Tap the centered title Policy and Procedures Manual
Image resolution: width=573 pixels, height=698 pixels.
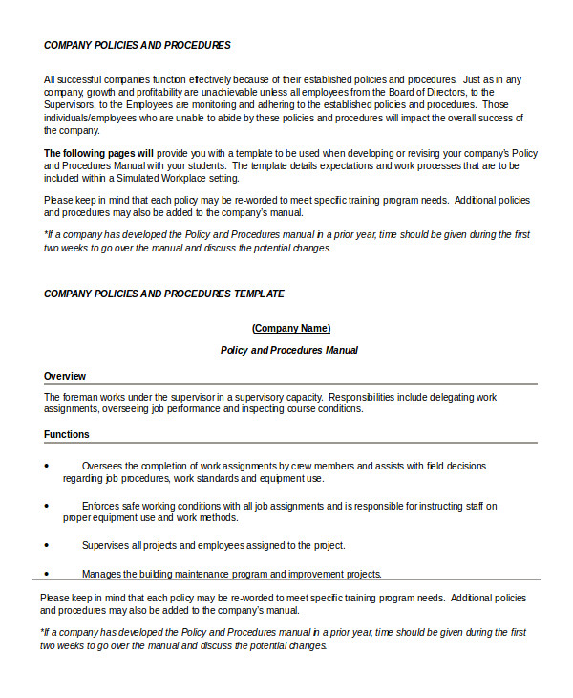point(289,350)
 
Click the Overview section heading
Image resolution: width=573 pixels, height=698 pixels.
point(65,376)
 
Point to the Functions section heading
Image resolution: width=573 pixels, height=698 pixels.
point(67,434)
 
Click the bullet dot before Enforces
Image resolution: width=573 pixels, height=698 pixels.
point(46,506)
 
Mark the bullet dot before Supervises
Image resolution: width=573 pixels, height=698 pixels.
point(46,545)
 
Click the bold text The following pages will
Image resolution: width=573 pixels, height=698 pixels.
point(98,153)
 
